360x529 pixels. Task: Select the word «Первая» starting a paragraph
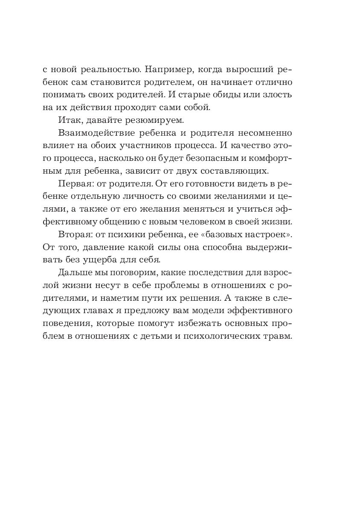[x=74, y=184]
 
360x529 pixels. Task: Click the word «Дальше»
[x=75, y=273]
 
